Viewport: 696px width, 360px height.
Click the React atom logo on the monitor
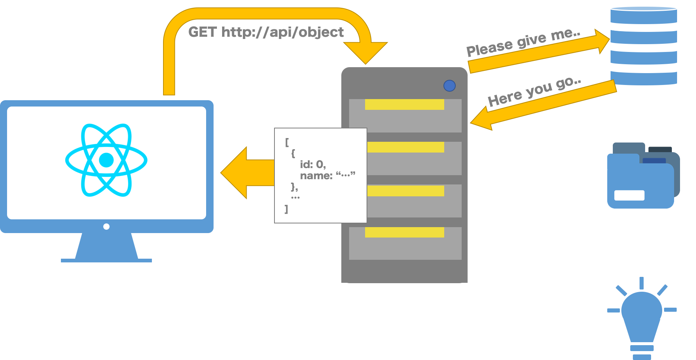pos(106,160)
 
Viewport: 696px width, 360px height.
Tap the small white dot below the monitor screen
pos(106,226)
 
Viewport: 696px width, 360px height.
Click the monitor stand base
pos(106,260)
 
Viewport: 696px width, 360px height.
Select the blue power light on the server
pos(449,86)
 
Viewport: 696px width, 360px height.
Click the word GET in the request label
pos(202,32)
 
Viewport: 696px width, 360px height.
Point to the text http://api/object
pos(282,32)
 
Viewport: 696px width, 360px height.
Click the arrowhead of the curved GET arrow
pos(365,52)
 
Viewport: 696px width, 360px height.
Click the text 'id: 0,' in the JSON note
pos(313,164)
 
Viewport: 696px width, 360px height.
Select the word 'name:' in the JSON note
pos(316,176)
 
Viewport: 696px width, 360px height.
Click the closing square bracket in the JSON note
pos(286,209)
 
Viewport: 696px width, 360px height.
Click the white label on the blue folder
pos(629,195)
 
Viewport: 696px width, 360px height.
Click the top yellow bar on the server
pos(404,104)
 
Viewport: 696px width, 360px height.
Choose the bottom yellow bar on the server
pos(404,232)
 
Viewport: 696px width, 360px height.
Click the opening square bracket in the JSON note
pos(287,142)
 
